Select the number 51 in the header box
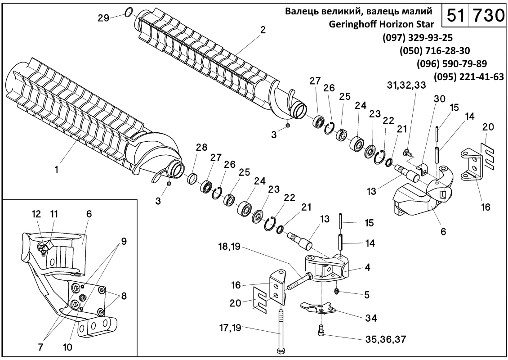pos(455,16)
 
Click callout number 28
pos(201,147)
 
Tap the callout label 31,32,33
pos(407,86)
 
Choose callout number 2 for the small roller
pos(263,30)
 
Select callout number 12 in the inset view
pos(36,214)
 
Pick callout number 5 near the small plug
pos(367,295)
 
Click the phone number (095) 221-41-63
pos(468,76)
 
